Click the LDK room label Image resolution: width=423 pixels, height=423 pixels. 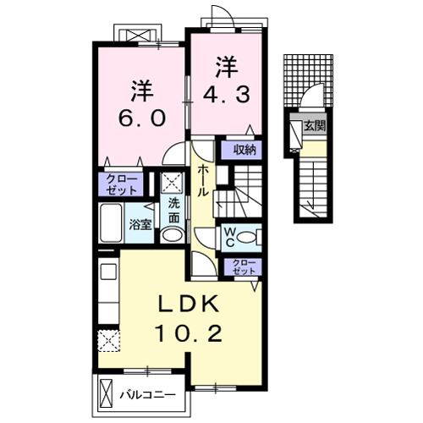point(189,303)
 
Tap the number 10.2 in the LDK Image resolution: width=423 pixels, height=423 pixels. point(189,333)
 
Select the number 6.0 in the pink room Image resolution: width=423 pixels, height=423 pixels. point(141,118)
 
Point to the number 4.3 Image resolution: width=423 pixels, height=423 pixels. point(227,95)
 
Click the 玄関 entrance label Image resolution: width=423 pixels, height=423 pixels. point(315,125)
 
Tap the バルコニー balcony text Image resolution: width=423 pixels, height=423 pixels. point(148,394)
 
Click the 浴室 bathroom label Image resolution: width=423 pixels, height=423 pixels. point(140,225)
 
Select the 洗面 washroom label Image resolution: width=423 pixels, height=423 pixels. point(174,211)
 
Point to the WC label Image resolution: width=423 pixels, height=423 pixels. point(230,238)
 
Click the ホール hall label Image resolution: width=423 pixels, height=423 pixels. point(203,181)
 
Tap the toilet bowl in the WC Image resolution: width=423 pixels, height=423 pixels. point(250,238)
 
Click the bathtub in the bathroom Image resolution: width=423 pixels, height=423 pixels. point(111,223)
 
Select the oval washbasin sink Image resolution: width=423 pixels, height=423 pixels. point(173,235)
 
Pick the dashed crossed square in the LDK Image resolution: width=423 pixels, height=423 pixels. point(109,341)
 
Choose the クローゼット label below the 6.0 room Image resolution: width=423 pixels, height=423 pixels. point(122,184)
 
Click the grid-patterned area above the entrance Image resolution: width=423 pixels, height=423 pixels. point(308,80)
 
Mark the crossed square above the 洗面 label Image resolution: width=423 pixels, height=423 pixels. point(172,182)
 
